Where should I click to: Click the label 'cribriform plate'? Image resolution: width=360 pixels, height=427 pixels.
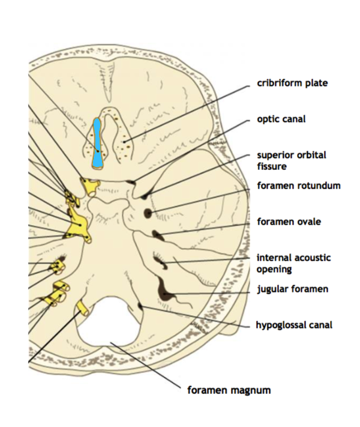coord(292,83)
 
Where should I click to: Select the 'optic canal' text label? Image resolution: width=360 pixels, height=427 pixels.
coord(281,119)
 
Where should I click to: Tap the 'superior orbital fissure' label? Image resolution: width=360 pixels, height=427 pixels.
coord(291,160)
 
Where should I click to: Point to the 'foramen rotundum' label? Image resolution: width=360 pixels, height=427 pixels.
coord(298,186)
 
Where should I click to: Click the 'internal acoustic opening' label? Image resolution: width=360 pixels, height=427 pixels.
coord(293,263)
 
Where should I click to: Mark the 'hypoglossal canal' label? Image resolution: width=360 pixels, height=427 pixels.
coord(294,325)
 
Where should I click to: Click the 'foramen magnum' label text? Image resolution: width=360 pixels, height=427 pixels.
coord(229,390)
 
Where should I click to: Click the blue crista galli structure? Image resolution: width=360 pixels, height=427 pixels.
coord(97,143)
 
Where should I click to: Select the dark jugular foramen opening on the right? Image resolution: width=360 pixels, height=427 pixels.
coord(165,294)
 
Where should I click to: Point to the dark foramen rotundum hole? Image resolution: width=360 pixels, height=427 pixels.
coord(147,213)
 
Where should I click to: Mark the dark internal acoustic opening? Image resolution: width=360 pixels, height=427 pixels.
coord(160,260)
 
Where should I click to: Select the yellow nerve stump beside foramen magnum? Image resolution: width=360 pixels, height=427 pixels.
coord(82,309)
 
